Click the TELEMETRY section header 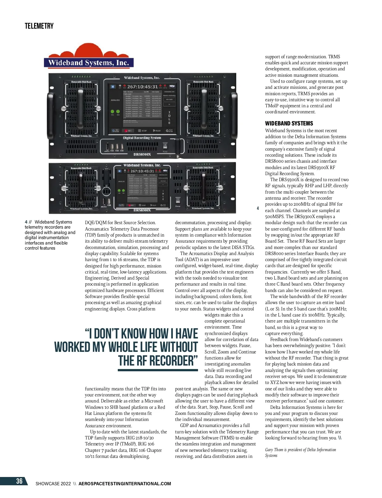click(x=39, y=26)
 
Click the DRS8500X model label click(x=142, y=154)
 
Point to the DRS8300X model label click(x=142, y=210)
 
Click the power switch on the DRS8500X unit click(x=165, y=146)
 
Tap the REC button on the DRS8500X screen click(x=128, y=131)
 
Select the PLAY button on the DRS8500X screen click(x=157, y=131)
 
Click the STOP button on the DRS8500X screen click(x=142, y=131)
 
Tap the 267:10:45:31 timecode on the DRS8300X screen click(x=142, y=171)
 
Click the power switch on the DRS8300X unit click(x=178, y=201)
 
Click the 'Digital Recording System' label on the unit click(x=142, y=138)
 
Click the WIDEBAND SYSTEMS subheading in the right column click(x=289, y=124)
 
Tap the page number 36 click(x=19, y=481)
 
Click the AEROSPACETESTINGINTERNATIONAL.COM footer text click(x=125, y=484)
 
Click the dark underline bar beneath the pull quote click(x=158, y=370)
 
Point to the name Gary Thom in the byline click(x=273, y=450)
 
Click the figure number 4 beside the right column click(x=258, y=208)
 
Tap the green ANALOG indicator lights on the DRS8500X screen click(x=115, y=112)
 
